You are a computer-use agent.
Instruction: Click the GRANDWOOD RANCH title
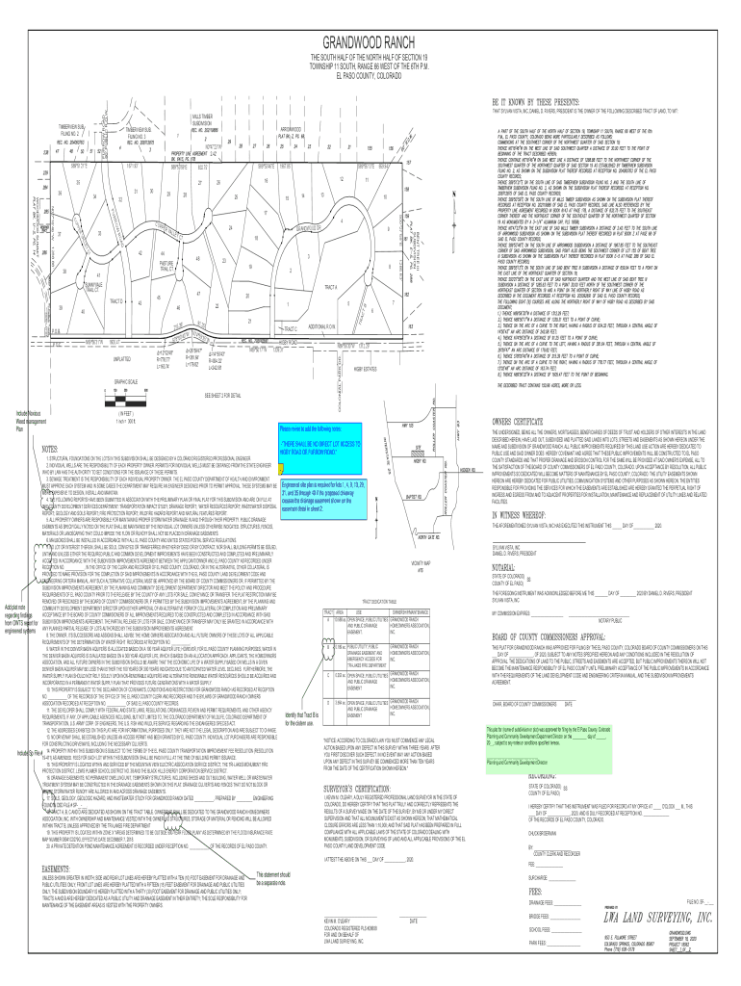370,44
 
